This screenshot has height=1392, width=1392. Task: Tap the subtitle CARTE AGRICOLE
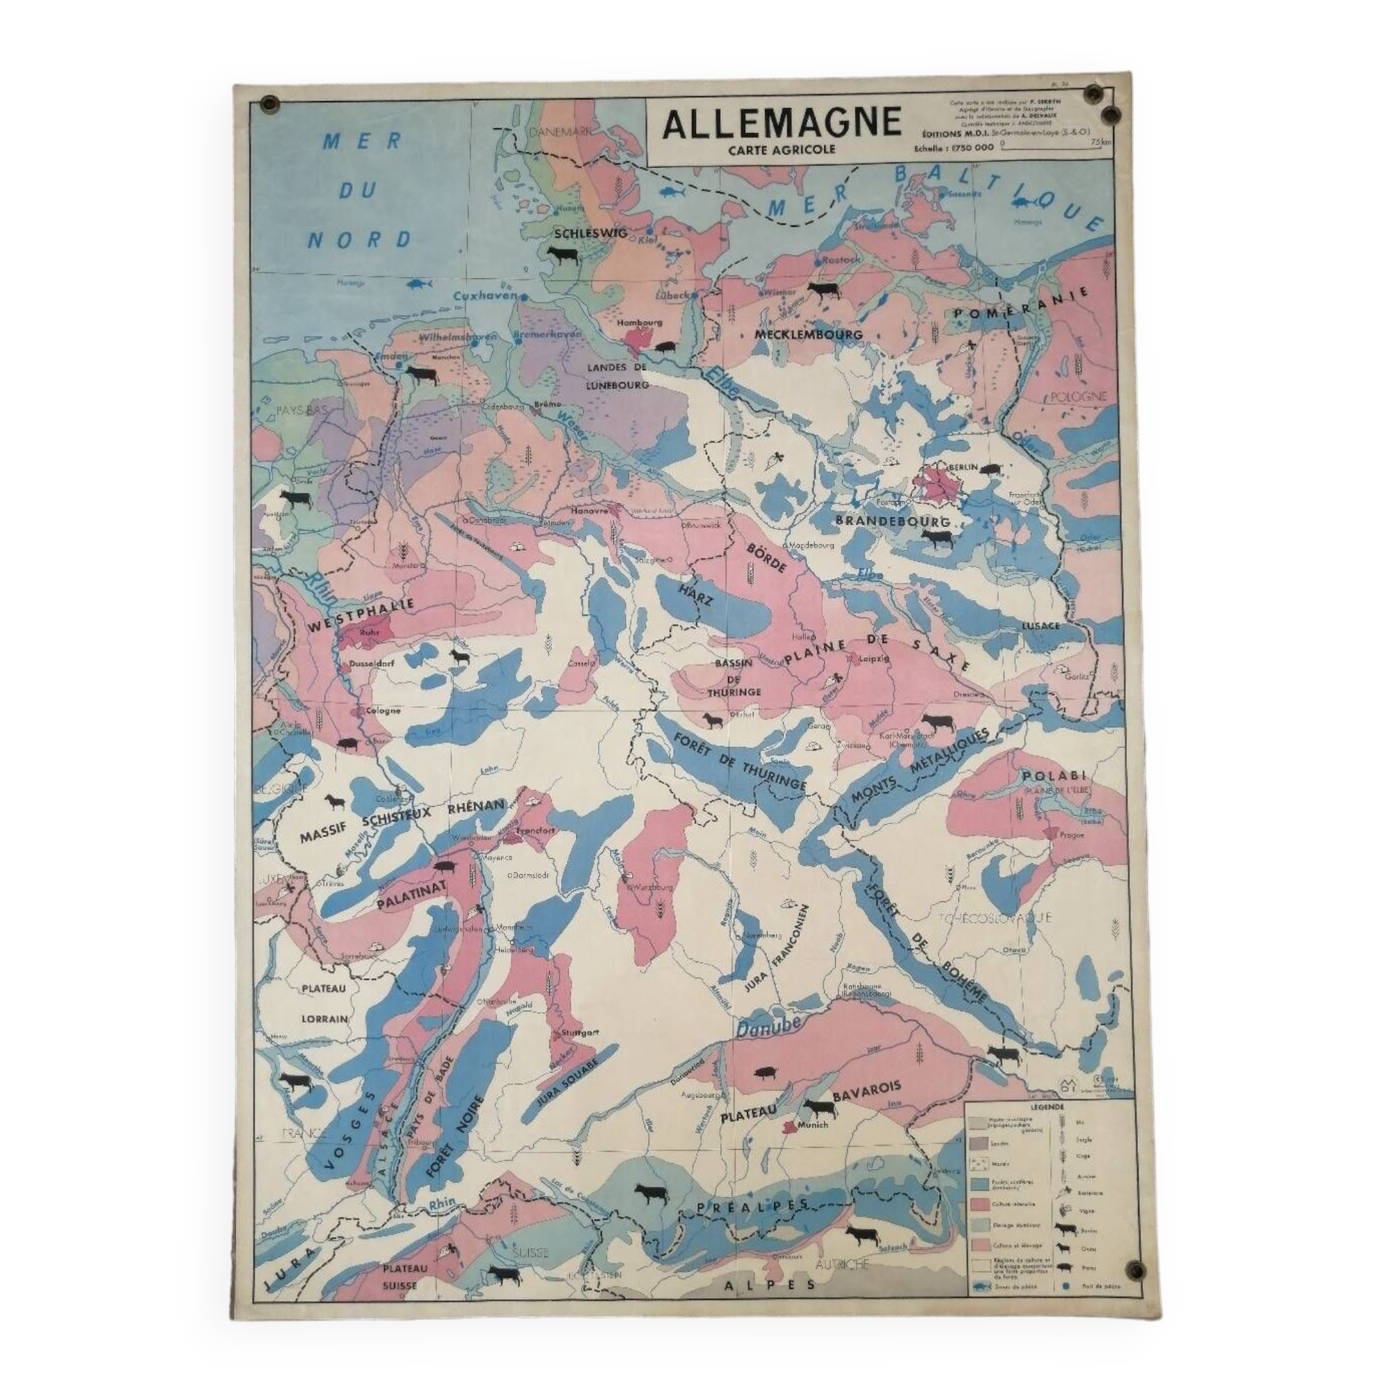pyautogui.click(x=782, y=150)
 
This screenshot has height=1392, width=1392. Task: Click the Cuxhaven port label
pyautogui.click(x=487, y=296)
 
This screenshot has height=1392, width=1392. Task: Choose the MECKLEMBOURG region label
pyautogui.click(x=808, y=334)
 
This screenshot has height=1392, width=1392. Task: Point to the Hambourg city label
pyautogui.click(x=640, y=323)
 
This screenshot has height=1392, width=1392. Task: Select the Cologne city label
pyautogui.click(x=383, y=711)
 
